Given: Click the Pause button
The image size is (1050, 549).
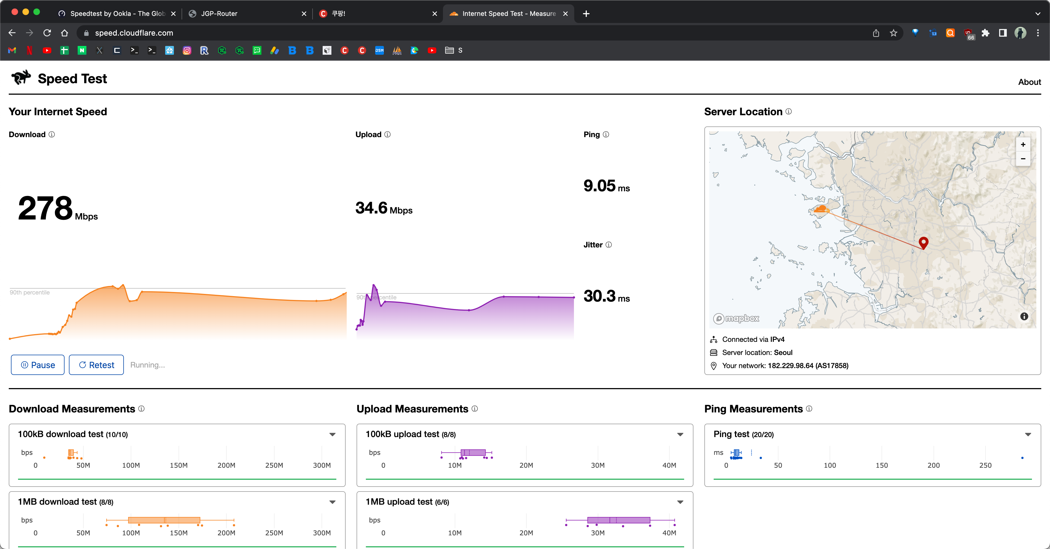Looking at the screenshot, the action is click(37, 365).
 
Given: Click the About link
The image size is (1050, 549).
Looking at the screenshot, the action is click(1029, 82).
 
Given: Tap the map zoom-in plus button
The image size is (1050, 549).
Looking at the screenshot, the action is click(1023, 145).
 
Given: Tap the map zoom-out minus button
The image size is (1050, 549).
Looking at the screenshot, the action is click(1023, 159).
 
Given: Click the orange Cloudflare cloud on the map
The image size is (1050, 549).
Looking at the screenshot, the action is click(820, 210).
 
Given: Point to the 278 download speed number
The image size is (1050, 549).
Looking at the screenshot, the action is click(45, 208).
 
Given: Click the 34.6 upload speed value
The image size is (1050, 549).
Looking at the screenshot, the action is click(371, 208).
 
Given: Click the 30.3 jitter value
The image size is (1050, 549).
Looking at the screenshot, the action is click(599, 296).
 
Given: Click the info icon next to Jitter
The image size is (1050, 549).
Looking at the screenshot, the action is click(609, 245).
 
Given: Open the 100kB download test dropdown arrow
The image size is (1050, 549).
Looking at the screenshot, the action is click(332, 434).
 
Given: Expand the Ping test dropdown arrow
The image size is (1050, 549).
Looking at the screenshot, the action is click(1028, 434).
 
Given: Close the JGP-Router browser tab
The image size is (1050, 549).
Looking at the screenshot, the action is click(304, 13).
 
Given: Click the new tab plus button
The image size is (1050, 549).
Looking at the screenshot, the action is click(586, 13).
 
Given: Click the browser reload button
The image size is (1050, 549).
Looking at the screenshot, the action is click(47, 33).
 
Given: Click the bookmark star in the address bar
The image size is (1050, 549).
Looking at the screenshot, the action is click(894, 33).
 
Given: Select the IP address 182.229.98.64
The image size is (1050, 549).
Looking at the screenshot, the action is click(791, 365).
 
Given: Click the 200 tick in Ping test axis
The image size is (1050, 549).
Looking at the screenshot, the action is click(934, 465).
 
